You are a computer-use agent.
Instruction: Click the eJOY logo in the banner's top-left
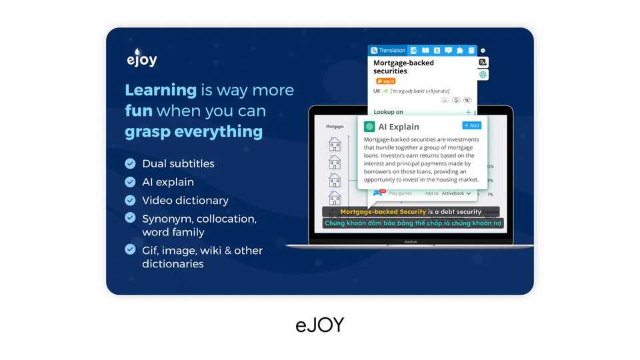[142, 59]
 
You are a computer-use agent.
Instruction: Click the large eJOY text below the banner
[320, 325]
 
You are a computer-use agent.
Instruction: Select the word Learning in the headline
[161, 90]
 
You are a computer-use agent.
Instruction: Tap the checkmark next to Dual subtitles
[130, 163]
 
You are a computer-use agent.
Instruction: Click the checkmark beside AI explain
[130, 182]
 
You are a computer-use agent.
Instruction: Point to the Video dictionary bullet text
[185, 200]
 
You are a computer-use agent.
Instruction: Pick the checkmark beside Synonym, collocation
[130, 218]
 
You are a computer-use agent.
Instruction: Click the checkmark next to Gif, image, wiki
[130, 249]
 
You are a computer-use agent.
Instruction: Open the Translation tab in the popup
[388, 50]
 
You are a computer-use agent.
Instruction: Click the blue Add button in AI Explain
[471, 125]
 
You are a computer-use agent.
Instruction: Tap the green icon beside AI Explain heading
[369, 127]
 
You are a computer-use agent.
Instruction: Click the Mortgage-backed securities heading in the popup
[403, 67]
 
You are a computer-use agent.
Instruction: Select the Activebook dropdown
[457, 193]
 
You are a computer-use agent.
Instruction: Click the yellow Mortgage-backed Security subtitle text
[383, 212]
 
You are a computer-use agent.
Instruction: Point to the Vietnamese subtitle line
[413, 223]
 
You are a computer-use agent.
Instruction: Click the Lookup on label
[388, 112]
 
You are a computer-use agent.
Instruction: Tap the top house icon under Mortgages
[335, 144]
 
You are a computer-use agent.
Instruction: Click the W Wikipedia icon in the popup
[467, 100]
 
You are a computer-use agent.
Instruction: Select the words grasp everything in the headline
[193, 131]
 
